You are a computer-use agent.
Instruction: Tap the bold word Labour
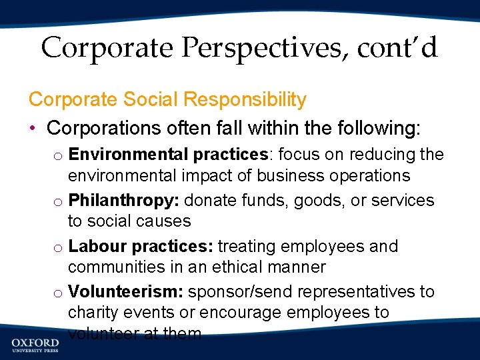97,246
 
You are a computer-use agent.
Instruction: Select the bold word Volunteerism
126,292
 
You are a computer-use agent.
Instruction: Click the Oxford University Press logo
35,343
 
